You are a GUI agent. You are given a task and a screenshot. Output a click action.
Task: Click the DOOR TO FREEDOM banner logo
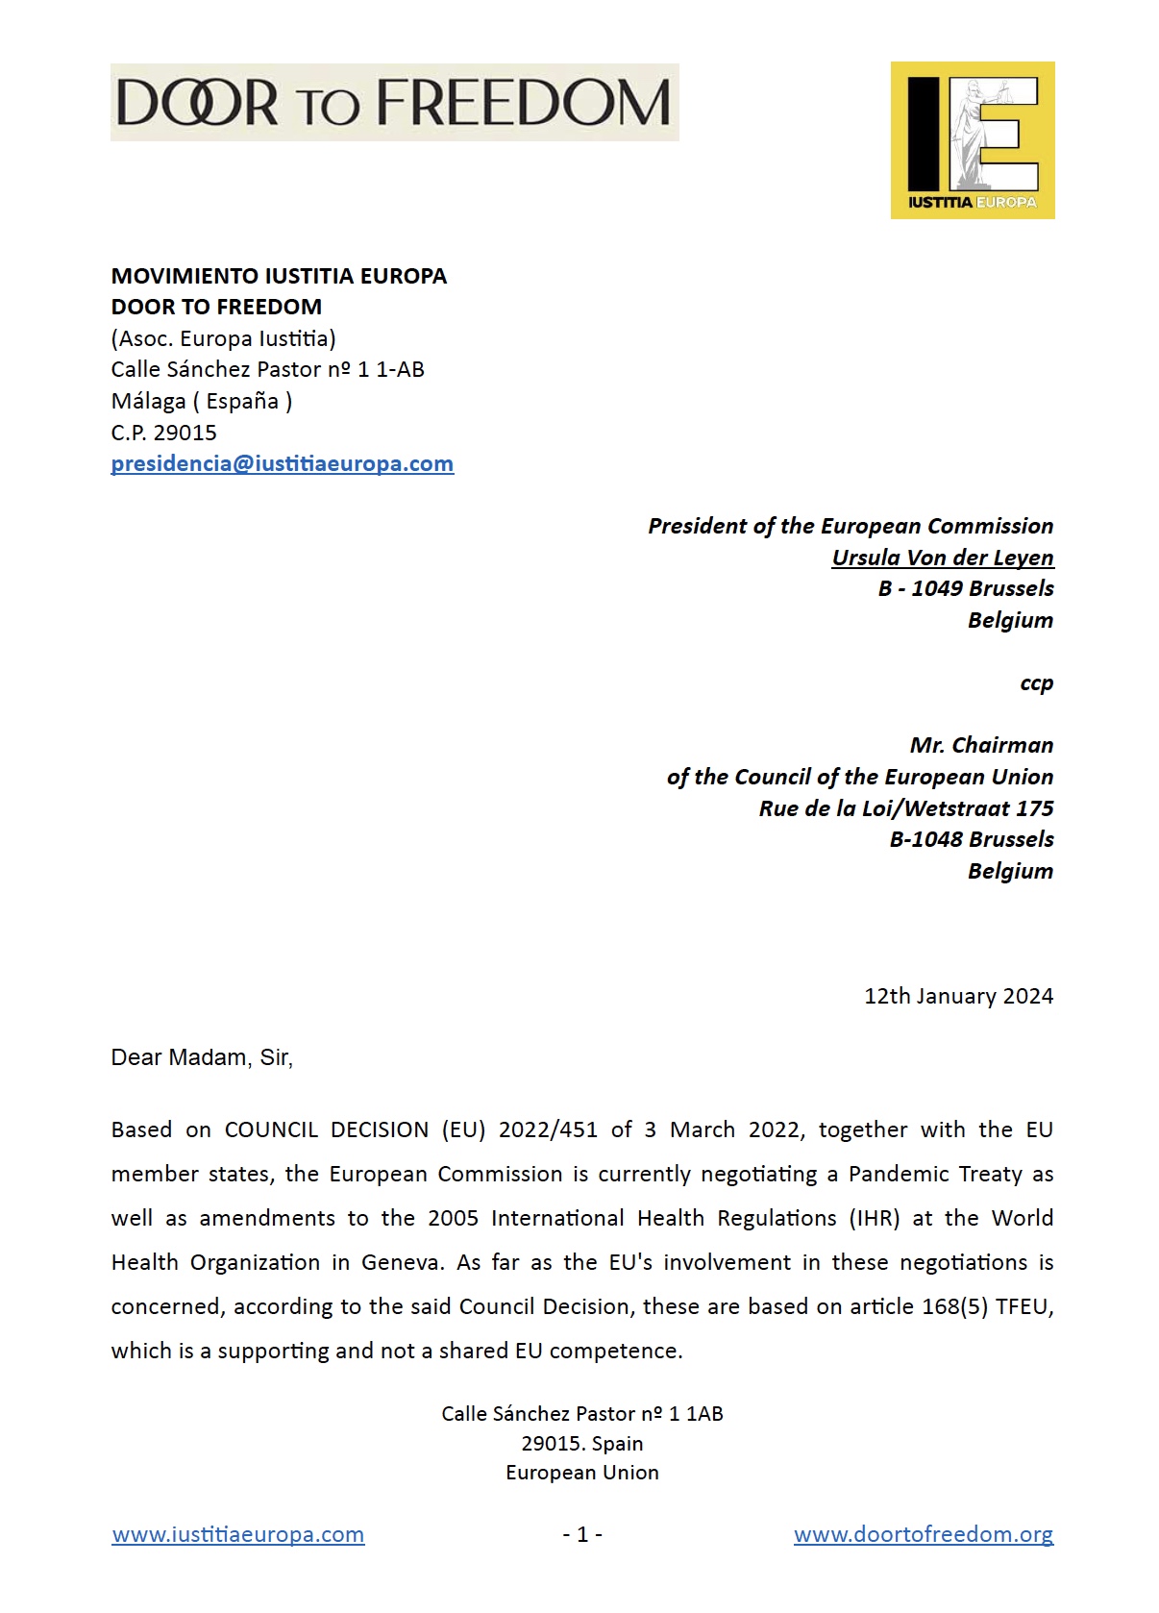[394, 103]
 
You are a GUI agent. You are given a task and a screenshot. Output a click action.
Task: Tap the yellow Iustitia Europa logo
[972, 140]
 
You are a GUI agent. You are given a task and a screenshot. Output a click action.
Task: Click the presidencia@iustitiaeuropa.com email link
[282, 464]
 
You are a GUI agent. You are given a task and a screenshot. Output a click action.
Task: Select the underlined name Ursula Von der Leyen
[942, 558]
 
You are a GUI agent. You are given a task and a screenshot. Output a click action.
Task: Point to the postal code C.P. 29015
[163, 433]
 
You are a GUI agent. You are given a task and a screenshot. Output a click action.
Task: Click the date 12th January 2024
[957, 996]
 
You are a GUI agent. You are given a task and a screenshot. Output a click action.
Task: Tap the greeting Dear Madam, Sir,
[202, 1057]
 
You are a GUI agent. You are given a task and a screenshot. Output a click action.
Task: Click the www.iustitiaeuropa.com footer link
[238, 1534]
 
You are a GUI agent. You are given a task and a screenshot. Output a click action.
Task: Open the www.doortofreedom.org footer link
[923, 1534]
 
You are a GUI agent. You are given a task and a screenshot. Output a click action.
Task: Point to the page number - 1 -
[582, 1534]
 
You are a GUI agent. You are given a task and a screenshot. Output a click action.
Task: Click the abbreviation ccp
[1036, 683]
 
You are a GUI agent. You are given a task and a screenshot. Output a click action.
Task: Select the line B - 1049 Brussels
[965, 588]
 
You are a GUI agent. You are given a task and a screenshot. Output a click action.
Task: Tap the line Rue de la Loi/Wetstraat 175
[905, 808]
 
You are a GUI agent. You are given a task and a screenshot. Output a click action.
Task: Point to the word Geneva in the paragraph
[402, 1262]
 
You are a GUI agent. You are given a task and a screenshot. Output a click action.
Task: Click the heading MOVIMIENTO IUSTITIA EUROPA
[279, 276]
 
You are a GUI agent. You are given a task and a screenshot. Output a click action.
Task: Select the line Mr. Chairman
[980, 745]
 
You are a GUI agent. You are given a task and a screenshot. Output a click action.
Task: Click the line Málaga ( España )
[202, 401]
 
